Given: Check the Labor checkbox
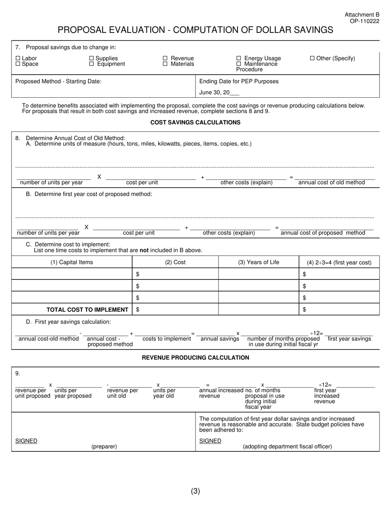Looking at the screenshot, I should pos(18,59).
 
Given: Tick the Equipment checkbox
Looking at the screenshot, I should pos(92,64).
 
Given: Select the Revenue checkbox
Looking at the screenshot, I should pos(165,59).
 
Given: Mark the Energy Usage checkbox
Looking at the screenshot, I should pos(239,59).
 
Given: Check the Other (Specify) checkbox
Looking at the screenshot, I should pos(312,59).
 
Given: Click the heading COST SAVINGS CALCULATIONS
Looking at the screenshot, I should pos(195,122).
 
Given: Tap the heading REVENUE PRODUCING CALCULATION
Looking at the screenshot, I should pos(195,358).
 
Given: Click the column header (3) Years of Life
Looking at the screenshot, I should pos(258,262).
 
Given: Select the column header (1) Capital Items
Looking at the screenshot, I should pos(72,262).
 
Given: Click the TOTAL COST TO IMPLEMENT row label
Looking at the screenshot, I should pos(87,310).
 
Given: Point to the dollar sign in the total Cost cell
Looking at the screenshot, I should pos(137,310).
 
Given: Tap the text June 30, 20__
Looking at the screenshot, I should pos(219,93).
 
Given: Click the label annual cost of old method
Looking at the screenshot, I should pos(331,183).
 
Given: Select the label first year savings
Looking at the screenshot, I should pos(349,339).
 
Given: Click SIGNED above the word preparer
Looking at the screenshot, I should pos(26,441).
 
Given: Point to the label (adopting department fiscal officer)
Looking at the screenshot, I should pos(287,446).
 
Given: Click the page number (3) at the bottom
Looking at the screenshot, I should pos(195,491).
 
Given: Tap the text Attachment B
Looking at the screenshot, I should pos(362,15).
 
